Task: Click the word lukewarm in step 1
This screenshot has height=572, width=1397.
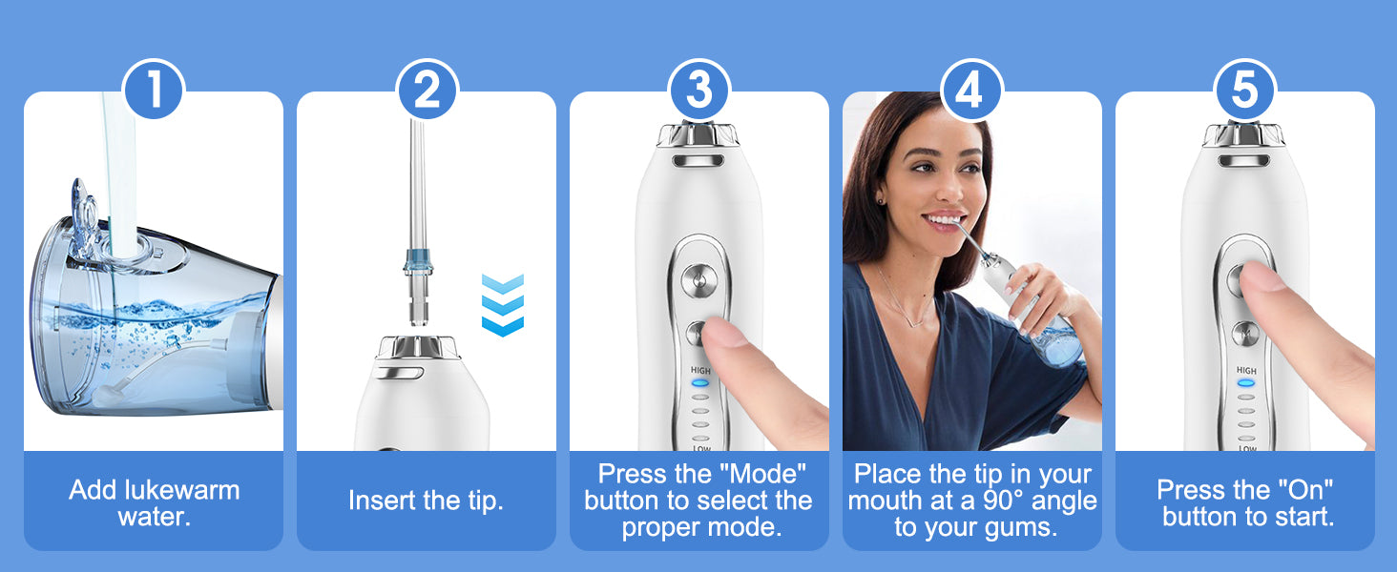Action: coord(182,490)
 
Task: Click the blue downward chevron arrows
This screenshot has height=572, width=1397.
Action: coord(503,305)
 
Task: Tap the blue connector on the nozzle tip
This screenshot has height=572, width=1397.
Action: coord(418,261)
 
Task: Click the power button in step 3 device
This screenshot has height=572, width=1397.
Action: coord(699,279)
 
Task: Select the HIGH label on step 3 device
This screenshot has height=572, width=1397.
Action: coord(700,371)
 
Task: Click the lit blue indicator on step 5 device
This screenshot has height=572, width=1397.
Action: coord(1246,383)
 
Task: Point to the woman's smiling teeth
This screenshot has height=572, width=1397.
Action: coord(945,220)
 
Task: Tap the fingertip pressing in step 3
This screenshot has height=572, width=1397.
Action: coord(726,334)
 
